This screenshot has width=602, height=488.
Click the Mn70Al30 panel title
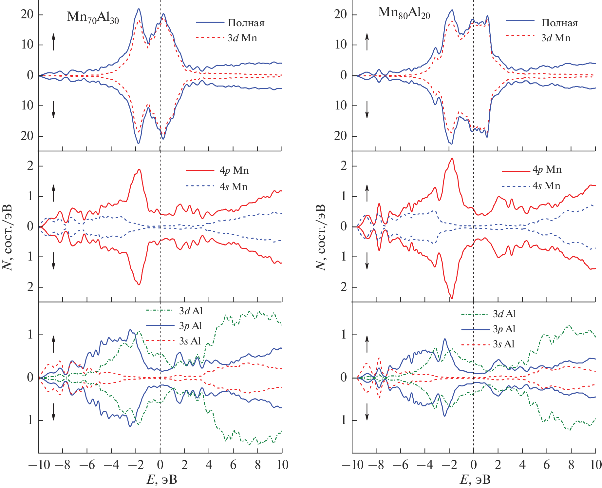pos(93,17)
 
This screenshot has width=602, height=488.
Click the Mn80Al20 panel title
pos(404,13)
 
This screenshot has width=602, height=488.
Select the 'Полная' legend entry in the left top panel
pos(246,23)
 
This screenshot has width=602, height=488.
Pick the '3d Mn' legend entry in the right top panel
pos(556,38)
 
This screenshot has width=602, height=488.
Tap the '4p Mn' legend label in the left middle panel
pos(234,170)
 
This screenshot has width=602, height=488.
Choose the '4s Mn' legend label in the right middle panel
pos(546,186)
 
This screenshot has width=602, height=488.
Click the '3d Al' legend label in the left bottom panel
pos(191,311)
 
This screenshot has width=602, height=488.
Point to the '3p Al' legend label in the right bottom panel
pos(504,329)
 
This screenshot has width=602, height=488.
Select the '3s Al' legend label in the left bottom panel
pos(190,341)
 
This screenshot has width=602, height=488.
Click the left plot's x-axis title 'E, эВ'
pos(161,480)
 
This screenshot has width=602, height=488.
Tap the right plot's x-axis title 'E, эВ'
pos(475,480)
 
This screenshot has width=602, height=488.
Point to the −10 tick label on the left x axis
pos(39,465)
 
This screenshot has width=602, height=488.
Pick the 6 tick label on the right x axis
pos(547,465)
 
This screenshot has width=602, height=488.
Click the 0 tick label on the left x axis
pos(160,465)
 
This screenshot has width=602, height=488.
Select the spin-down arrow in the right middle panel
pos(367,261)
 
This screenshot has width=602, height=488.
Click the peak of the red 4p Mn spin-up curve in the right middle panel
pos(452,159)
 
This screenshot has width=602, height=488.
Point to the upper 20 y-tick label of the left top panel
pos(27,15)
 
